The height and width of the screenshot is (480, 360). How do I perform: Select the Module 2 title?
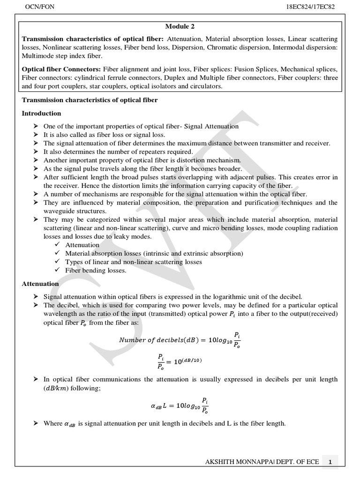coord(180,27)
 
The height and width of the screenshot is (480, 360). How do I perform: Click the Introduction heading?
coord(42,113)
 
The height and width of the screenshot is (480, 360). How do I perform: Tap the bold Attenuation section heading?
coord(41,284)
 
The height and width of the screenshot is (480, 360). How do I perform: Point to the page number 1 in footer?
coord(330,462)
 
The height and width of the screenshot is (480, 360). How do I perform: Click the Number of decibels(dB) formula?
coord(180,340)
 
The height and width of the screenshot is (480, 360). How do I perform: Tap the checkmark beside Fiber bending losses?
coord(57,270)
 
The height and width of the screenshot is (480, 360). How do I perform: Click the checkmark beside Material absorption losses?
coord(57,254)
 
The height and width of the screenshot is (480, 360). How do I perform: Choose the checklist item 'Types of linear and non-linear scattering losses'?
coord(134,262)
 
